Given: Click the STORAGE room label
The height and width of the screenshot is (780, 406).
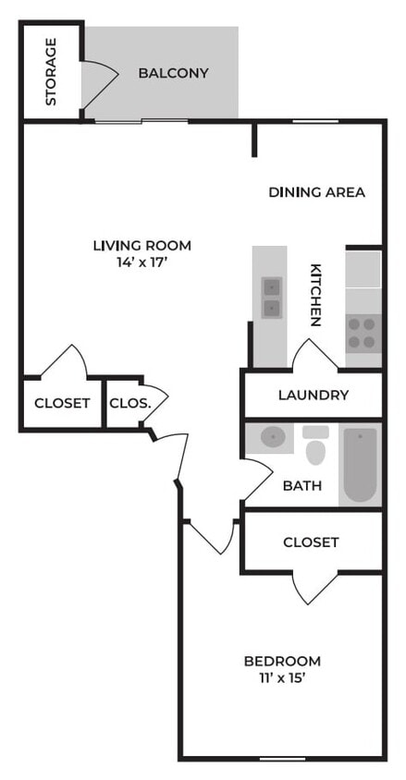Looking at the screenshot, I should coord(51,71).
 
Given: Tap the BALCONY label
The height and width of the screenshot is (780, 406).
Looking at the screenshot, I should coord(173,73).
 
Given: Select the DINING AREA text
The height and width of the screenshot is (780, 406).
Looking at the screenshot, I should coord(316,192).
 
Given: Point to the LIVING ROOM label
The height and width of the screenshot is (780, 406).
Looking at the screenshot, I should coord(141,245).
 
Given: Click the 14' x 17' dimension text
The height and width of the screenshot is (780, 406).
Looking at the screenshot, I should coord(141,262).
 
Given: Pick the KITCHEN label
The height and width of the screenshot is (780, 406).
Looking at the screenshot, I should coord(315,296).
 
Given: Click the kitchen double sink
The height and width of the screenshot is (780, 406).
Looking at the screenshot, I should coord(271,297).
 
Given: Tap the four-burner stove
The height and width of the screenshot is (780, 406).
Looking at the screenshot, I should coord(363,333).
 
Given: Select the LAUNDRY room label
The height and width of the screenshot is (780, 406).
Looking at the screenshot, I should coord(314,396).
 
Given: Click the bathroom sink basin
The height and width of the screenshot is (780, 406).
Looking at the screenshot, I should coord(272,437).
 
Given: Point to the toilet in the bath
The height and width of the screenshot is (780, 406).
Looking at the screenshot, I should coord(315,448).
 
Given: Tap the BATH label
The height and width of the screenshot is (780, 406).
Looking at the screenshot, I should coord(302,485).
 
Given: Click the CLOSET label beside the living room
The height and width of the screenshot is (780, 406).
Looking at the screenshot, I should coord(62,403).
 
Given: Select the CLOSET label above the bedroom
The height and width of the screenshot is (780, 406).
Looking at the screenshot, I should coord(311,542).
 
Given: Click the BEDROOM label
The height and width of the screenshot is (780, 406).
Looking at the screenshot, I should coord(282,661).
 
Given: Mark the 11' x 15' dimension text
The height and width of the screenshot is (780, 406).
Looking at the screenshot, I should coord(282,677).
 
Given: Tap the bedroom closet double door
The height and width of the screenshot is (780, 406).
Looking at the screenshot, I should coord(311,588).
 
